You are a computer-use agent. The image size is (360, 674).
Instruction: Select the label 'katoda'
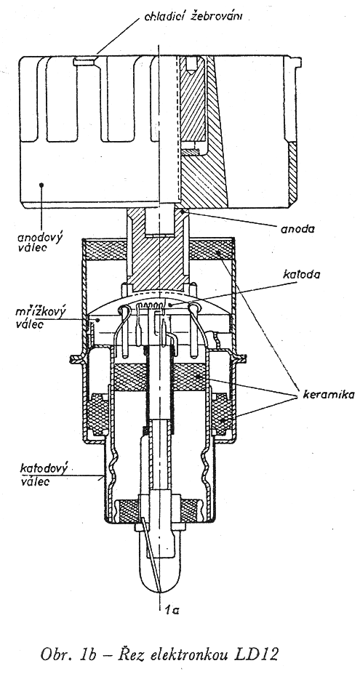coord(302,275)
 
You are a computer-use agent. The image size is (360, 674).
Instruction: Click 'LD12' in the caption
coord(257,654)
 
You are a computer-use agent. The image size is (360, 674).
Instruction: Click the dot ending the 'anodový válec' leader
coord(41,185)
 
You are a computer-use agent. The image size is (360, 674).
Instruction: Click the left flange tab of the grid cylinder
coord(76,357)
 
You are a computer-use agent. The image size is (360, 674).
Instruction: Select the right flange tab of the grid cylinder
coord(239,357)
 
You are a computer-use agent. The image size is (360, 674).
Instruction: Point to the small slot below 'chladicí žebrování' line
coord(85,62)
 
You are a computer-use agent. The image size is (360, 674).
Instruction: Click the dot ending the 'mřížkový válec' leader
coord(98,319)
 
